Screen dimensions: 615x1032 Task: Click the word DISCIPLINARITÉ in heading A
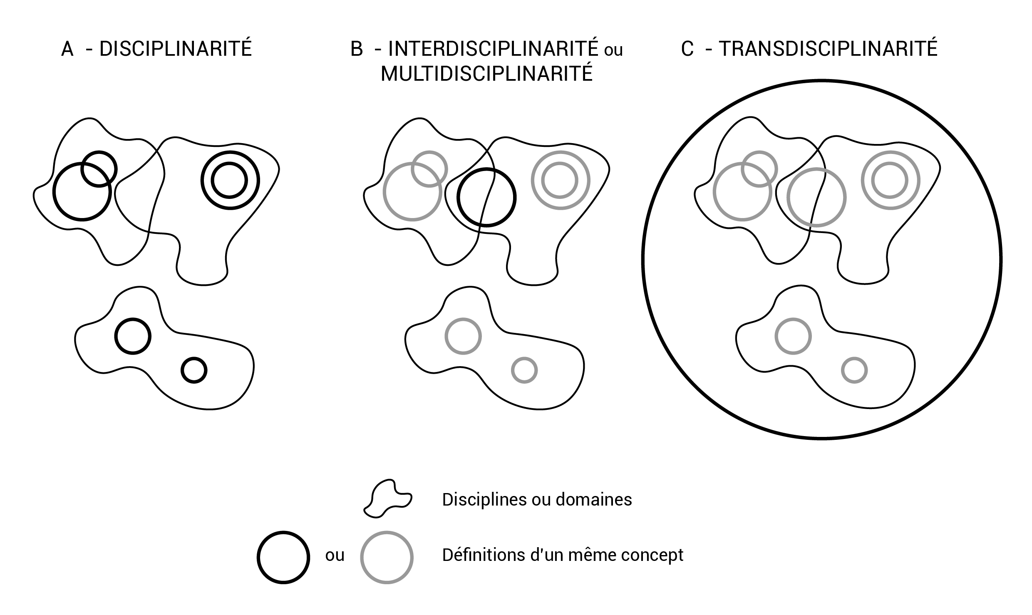(x=176, y=49)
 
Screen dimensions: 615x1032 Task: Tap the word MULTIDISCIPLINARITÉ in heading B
(x=486, y=74)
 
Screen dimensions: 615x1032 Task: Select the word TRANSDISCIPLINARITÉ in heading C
(x=828, y=49)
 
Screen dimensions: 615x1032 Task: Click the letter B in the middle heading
(x=357, y=49)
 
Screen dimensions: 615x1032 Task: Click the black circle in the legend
(x=283, y=558)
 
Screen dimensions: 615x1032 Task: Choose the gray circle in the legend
(x=387, y=558)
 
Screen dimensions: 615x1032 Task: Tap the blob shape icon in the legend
(x=387, y=498)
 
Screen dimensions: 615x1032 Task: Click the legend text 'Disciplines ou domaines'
(x=537, y=499)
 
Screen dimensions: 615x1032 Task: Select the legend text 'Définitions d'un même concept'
(x=563, y=555)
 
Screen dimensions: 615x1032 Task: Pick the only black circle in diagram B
(x=486, y=197)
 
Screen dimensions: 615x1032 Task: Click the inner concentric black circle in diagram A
(x=229, y=181)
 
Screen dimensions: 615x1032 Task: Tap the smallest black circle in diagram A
(x=194, y=370)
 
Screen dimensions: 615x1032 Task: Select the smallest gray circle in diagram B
(x=524, y=370)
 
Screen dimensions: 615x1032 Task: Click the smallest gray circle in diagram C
(x=854, y=370)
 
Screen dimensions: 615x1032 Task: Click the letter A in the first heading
(x=67, y=49)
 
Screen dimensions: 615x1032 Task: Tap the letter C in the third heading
(x=687, y=49)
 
